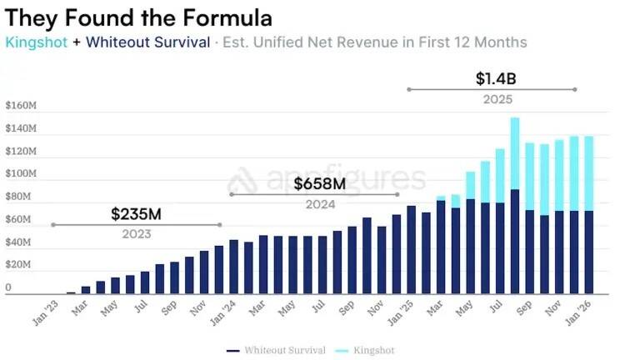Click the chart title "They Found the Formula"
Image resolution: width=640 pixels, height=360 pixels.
click(138, 17)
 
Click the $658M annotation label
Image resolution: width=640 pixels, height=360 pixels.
click(319, 183)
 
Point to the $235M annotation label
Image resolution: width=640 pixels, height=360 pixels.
click(136, 214)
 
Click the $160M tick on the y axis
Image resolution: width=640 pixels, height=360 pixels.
click(21, 107)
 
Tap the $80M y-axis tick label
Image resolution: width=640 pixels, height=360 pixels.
click(19, 197)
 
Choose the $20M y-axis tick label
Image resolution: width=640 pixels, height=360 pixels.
click(19, 265)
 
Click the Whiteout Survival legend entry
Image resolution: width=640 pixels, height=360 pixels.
click(278, 350)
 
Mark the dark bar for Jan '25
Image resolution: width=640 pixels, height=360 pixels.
click(412, 250)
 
